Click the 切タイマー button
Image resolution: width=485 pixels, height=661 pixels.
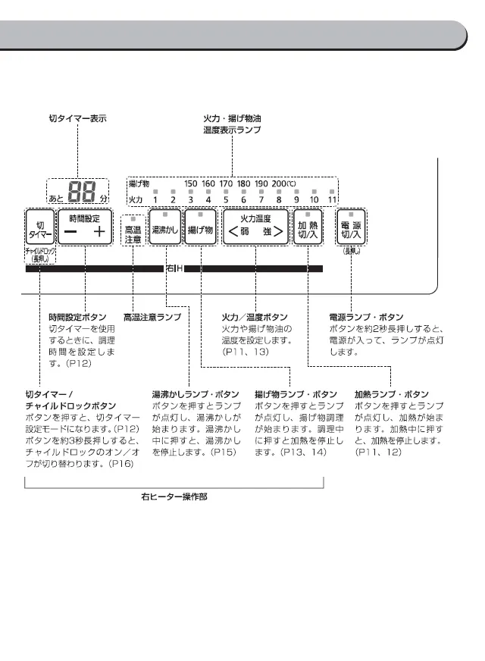pyautogui.click(x=39, y=226)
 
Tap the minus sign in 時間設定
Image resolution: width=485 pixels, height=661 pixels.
pyautogui.click(x=70, y=232)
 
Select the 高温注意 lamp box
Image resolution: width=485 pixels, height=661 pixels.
pyautogui.click(x=133, y=232)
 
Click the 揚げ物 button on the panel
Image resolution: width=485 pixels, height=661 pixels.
pyautogui.click(x=201, y=228)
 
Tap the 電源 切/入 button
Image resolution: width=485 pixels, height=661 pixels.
pyautogui.click(x=351, y=228)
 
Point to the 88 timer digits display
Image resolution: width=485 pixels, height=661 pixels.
pyautogui.click(x=82, y=193)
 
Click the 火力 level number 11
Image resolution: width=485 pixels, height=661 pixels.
pyautogui.click(x=332, y=199)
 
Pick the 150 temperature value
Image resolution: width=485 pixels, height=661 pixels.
pyautogui.click(x=191, y=183)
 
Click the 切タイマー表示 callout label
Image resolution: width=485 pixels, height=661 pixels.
pyautogui.click(x=77, y=119)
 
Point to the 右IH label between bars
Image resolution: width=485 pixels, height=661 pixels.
pyautogui.click(x=174, y=268)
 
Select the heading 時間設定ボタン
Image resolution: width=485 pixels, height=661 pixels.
pyautogui.click(x=77, y=317)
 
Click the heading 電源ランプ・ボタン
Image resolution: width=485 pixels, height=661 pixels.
pyautogui.click(x=366, y=317)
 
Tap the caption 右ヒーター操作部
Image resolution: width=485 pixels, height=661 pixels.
pyautogui.click(x=174, y=497)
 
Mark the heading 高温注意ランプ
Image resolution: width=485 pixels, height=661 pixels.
pyautogui.click(x=152, y=317)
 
